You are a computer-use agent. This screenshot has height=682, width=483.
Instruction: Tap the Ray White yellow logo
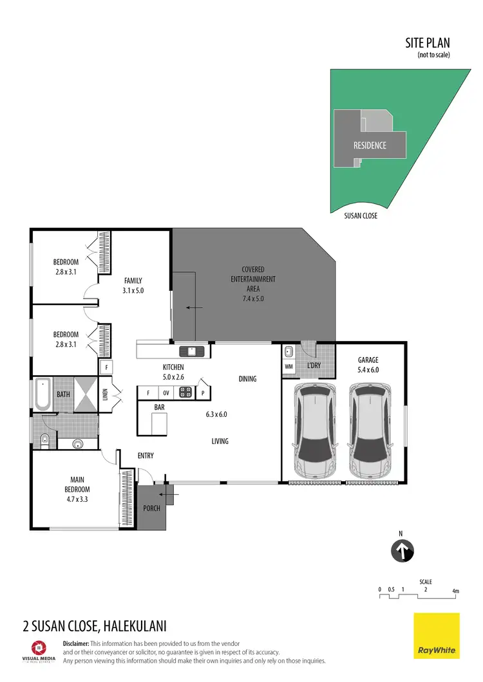pos(436,636)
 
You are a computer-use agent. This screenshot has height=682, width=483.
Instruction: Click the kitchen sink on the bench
pos(192,351)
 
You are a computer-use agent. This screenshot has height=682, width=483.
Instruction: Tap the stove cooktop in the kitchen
pos(185,392)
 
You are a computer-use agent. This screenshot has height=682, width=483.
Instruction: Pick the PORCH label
pos(152,508)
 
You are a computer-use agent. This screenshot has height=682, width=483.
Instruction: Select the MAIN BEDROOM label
pos(83,483)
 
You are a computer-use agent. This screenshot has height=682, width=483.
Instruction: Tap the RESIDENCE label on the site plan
pos(370,145)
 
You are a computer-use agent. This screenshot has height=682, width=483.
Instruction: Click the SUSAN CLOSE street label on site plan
pos(361,216)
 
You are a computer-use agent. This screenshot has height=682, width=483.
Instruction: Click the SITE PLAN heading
pos(427,43)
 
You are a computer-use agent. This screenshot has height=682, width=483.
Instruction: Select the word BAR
pos(158,407)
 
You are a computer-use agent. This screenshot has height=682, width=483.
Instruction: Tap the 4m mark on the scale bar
pos(455,591)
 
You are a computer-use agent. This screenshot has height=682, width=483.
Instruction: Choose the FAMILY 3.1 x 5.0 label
pos(132,285)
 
